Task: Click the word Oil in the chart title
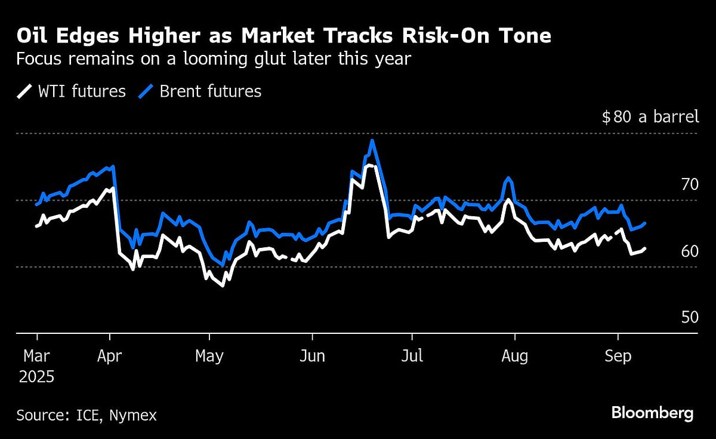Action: (33, 37)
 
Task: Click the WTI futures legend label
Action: (81, 91)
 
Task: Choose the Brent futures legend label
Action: (211, 91)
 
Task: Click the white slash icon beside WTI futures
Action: (24, 91)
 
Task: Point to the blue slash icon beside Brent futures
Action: (147, 91)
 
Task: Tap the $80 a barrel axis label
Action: (650, 116)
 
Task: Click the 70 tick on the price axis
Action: (690, 185)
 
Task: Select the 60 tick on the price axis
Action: (690, 251)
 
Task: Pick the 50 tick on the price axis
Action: (690, 317)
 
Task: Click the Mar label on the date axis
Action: (37, 357)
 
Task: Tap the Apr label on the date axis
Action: (110, 357)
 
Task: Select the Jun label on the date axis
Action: (312, 357)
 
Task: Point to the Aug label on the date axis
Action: (514, 357)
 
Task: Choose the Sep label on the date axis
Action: (618, 357)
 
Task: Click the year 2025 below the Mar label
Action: (36, 377)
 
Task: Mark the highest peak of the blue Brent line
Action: (372, 141)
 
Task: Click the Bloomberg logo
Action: (652, 413)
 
